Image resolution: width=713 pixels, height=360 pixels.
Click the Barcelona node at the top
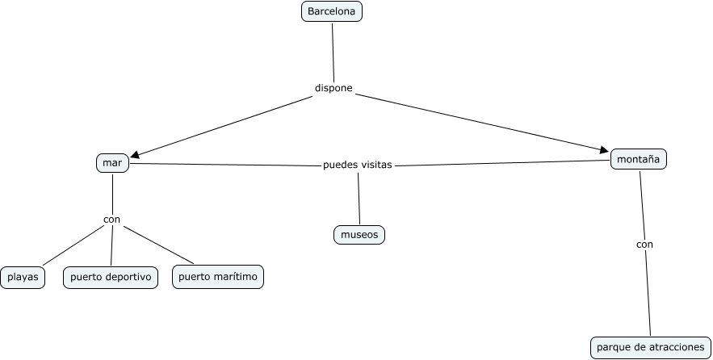click(332, 12)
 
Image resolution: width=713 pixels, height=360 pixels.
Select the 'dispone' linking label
click(333, 88)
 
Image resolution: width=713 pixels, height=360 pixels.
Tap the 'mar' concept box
click(112, 162)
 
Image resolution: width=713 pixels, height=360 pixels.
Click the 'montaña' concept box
click(638, 159)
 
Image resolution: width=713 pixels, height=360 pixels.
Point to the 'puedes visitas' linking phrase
click(357, 165)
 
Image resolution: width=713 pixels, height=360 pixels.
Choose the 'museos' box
click(359, 235)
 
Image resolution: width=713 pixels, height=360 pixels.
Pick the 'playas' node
click(23, 278)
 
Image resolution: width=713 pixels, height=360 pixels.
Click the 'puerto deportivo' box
click(111, 278)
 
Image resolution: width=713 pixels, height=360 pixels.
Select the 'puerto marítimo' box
click(218, 277)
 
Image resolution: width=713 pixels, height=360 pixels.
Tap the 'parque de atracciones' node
click(650, 347)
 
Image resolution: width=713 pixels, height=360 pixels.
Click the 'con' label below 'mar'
click(111, 219)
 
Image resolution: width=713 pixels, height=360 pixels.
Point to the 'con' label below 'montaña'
click(644, 244)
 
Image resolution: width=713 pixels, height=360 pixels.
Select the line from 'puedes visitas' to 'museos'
click(359, 198)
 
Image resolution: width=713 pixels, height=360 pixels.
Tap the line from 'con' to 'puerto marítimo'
click(159, 245)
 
